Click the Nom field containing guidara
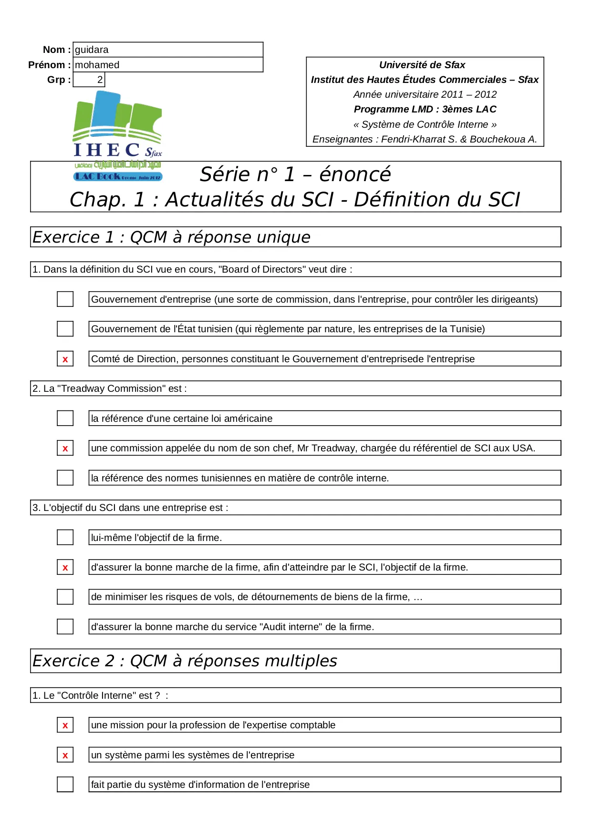(x=167, y=50)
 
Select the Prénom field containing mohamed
(x=167, y=65)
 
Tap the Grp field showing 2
(x=89, y=80)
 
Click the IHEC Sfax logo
(x=117, y=136)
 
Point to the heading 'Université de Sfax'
(x=422, y=65)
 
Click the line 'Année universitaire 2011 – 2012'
(x=425, y=94)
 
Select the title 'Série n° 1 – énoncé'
(x=295, y=174)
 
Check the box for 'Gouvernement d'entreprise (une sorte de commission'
(x=65, y=299)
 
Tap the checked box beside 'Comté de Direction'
(x=65, y=359)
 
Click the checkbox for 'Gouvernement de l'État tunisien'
(x=65, y=329)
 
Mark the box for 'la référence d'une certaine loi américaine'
(x=65, y=418)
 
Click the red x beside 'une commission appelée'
(x=65, y=449)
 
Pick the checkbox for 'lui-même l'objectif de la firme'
(x=65, y=538)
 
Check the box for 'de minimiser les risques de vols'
(x=65, y=597)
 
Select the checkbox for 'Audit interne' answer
(x=65, y=627)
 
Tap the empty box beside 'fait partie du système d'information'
(x=65, y=785)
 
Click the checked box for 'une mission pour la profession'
(x=65, y=725)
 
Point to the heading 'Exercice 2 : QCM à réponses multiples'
(x=185, y=661)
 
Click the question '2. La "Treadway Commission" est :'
(x=110, y=388)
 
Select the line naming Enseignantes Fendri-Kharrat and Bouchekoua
(x=425, y=139)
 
